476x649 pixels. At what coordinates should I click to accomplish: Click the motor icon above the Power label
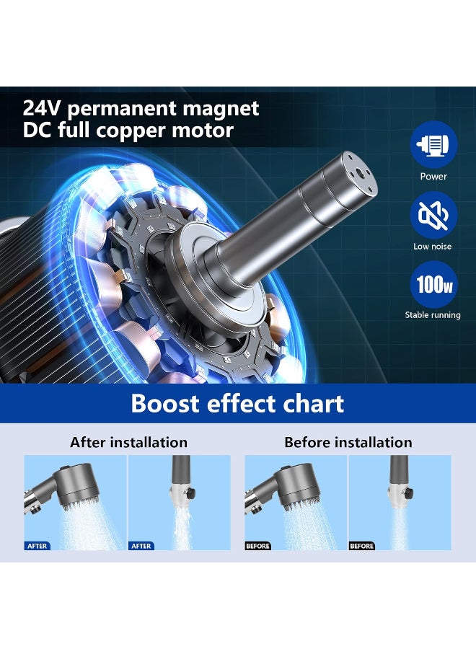pyautogui.click(x=433, y=145)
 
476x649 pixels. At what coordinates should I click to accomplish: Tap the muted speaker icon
pyautogui.click(x=433, y=215)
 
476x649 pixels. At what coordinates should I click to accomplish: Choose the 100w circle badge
pyautogui.click(x=433, y=284)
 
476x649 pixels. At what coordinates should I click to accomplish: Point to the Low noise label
pyautogui.click(x=433, y=247)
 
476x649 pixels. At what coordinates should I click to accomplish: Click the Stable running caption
pyautogui.click(x=433, y=315)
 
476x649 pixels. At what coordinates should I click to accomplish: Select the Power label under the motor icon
pyautogui.click(x=433, y=177)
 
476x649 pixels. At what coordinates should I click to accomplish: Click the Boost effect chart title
pyautogui.click(x=237, y=403)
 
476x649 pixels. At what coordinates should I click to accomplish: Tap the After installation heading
pyautogui.click(x=128, y=442)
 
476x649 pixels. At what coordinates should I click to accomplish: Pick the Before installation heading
pyautogui.click(x=348, y=442)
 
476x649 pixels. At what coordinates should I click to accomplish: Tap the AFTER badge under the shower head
pyautogui.click(x=38, y=546)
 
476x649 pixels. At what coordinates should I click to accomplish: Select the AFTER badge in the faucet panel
pyautogui.click(x=141, y=546)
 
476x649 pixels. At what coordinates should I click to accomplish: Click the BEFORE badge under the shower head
pyautogui.click(x=258, y=546)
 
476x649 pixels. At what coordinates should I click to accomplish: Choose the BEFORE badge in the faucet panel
pyautogui.click(x=362, y=546)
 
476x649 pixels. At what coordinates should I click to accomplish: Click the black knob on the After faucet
pyautogui.click(x=191, y=494)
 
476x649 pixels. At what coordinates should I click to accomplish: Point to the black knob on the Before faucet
pyautogui.click(x=408, y=493)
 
